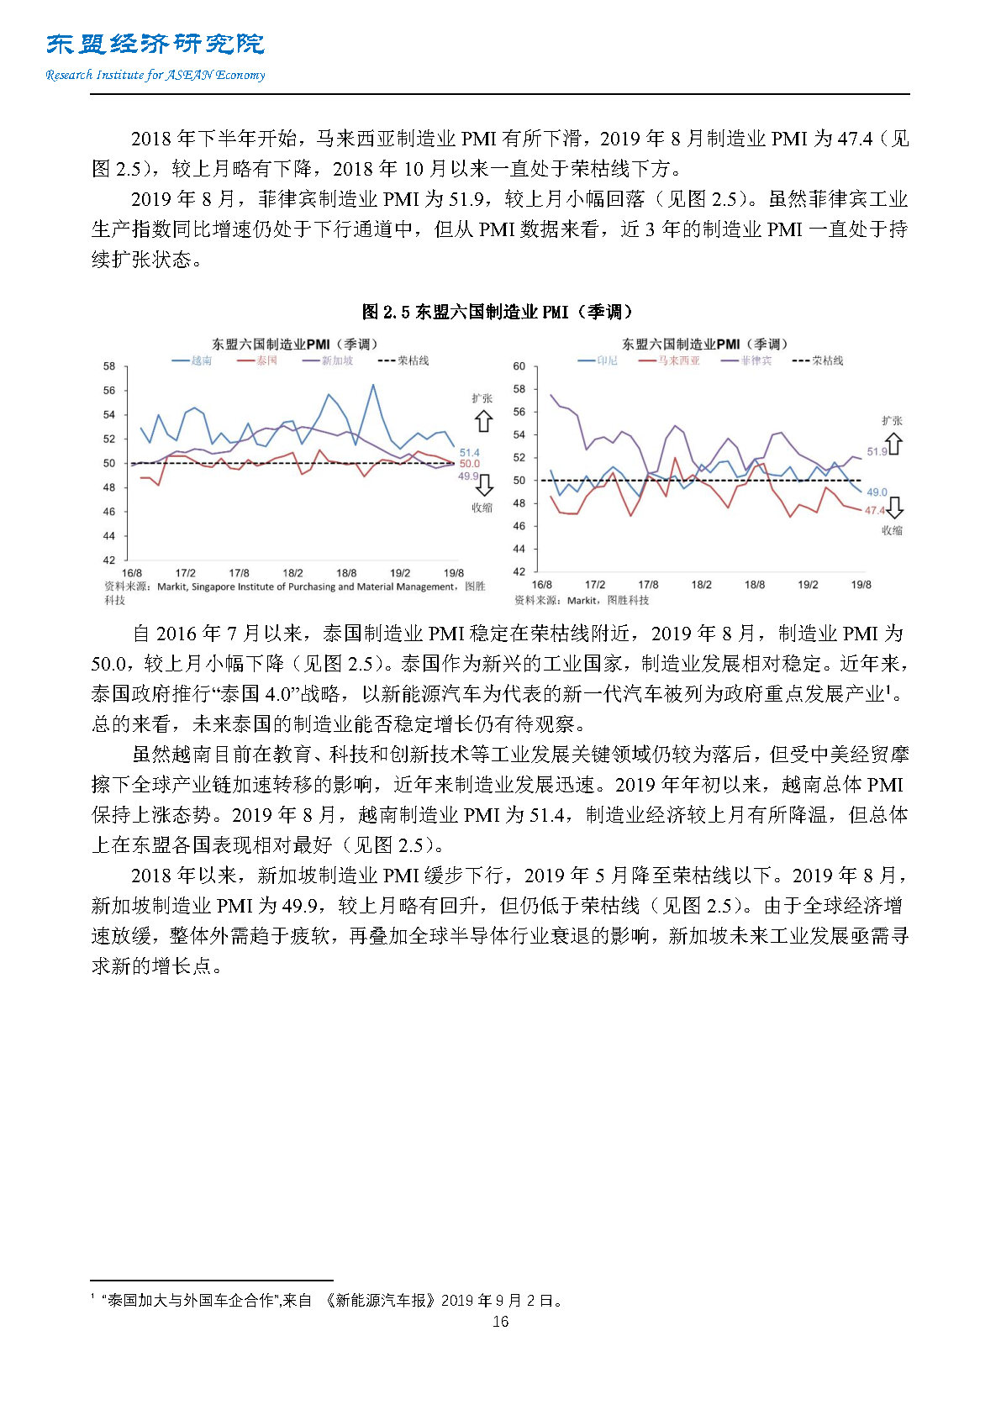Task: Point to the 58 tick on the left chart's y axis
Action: [x=109, y=366]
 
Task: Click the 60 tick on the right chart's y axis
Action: [x=519, y=366]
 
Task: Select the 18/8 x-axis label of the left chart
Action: [x=346, y=573]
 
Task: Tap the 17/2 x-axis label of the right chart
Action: [x=595, y=584]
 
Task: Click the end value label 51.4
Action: [x=469, y=453]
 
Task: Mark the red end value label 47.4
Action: [x=874, y=510]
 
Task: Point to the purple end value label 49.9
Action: [x=468, y=476]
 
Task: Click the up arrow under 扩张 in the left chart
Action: [x=483, y=421]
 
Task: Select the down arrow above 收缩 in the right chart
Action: [x=894, y=507]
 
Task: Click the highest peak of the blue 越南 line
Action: [x=373, y=385]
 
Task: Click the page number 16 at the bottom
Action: [x=500, y=1322]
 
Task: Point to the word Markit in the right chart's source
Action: [x=582, y=600]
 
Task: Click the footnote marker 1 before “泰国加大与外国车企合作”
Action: [x=92, y=1297]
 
